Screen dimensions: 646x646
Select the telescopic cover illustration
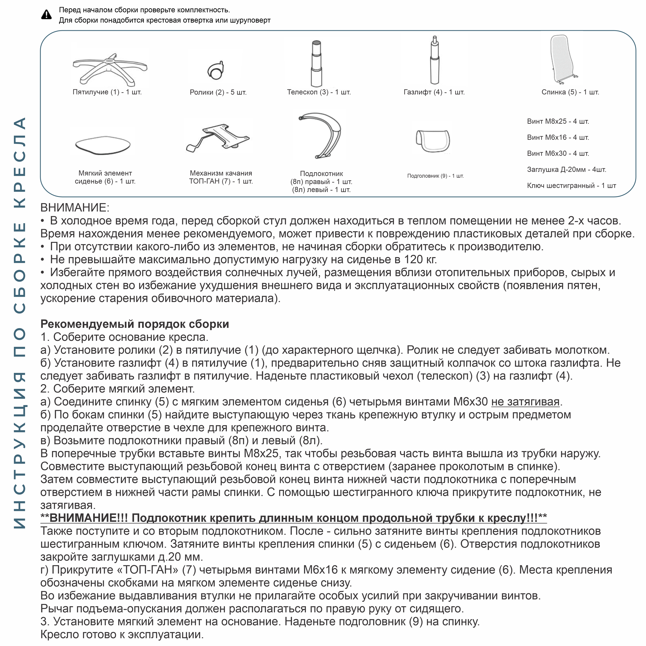pyautogui.click(x=316, y=63)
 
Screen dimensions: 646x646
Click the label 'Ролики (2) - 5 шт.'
pyautogui.click(x=218, y=92)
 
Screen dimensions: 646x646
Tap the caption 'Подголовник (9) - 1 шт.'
pyautogui.click(x=435, y=176)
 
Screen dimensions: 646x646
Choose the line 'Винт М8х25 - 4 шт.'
pyautogui.click(x=558, y=121)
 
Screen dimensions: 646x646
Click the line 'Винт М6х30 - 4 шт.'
pyautogui.click(x=558, y=153)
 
